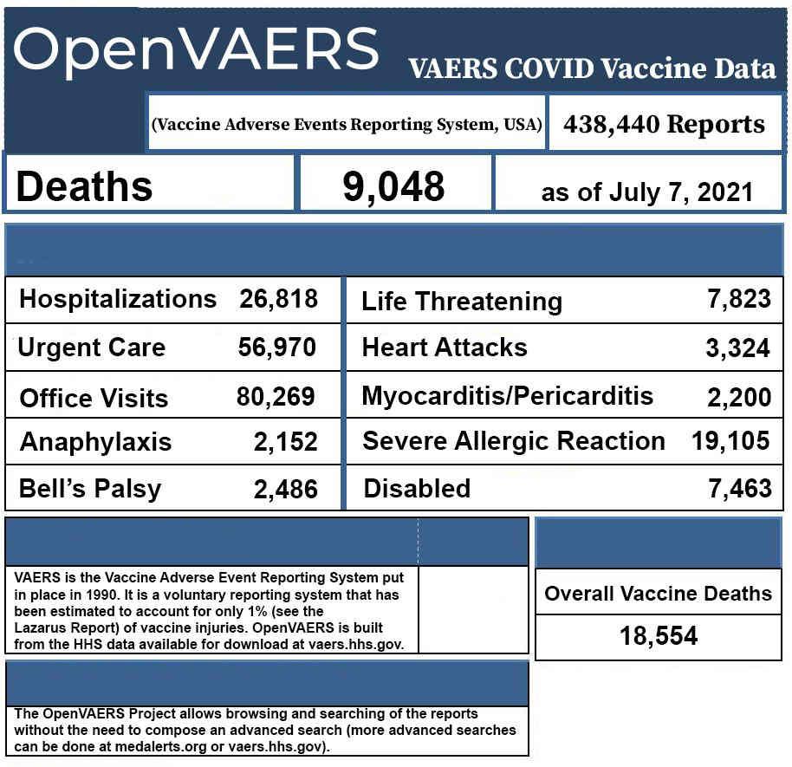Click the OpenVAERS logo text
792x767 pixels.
point(196,49)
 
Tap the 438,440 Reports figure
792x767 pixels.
point(665,124)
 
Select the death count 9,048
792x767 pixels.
point(393,185)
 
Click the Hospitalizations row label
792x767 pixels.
point(118,299)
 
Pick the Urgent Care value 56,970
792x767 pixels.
point(277,348)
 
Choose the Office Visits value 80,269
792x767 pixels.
point(276,397)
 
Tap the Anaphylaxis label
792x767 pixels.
point(95,442)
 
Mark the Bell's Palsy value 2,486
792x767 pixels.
point(285,490)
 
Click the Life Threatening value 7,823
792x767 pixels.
point(739,299)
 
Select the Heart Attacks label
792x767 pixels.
point(445,348)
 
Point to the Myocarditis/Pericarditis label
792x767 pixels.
point(508,396)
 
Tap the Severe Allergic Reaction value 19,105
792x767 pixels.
point(730,440)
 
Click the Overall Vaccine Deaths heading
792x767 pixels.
point(658,594)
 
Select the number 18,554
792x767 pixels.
point(659,636)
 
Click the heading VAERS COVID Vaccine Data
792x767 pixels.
point(592,69)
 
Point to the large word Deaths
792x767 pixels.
point(84,186)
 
